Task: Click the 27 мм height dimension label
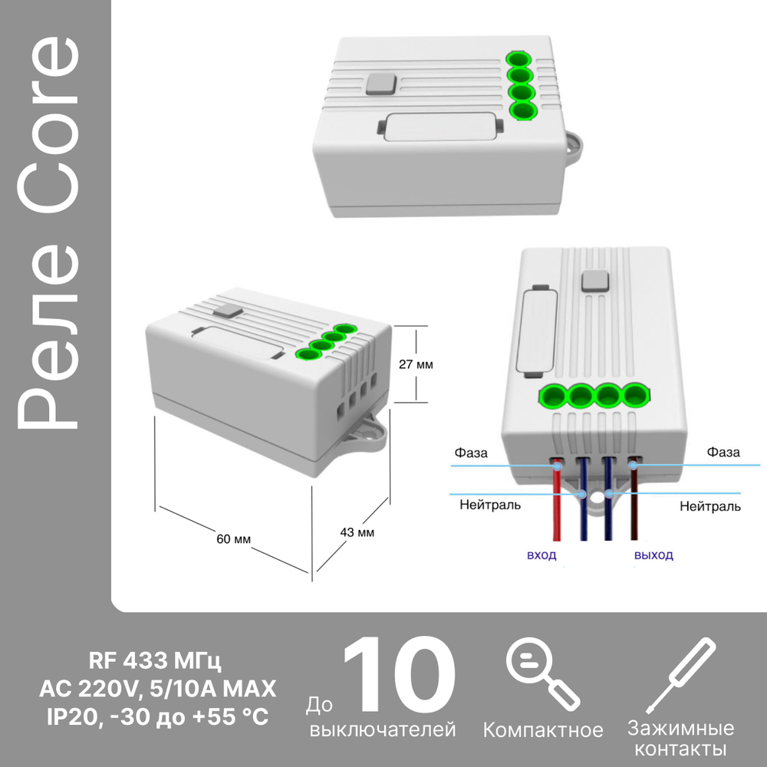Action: tap(416, 365)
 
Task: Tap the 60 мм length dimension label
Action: tap(233, 539)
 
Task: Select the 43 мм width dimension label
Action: tap(357, 532)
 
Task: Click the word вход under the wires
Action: tap(542, 555)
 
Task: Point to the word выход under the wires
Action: tap(653, 555)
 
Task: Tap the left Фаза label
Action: tap(471, 453)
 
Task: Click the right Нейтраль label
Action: tap(710, 506)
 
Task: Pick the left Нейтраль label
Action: tap(490, 505)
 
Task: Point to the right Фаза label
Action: tap(723, 452)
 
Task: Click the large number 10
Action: tap(400, 674)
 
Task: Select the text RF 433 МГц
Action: tap(155, 662)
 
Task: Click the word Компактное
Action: tap(543, 730)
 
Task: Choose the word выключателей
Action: tap(383, 729)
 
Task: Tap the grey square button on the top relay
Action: tap(382, 84)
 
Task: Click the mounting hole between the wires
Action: tap(596, 499)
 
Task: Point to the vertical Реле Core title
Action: tap(48, 232)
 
